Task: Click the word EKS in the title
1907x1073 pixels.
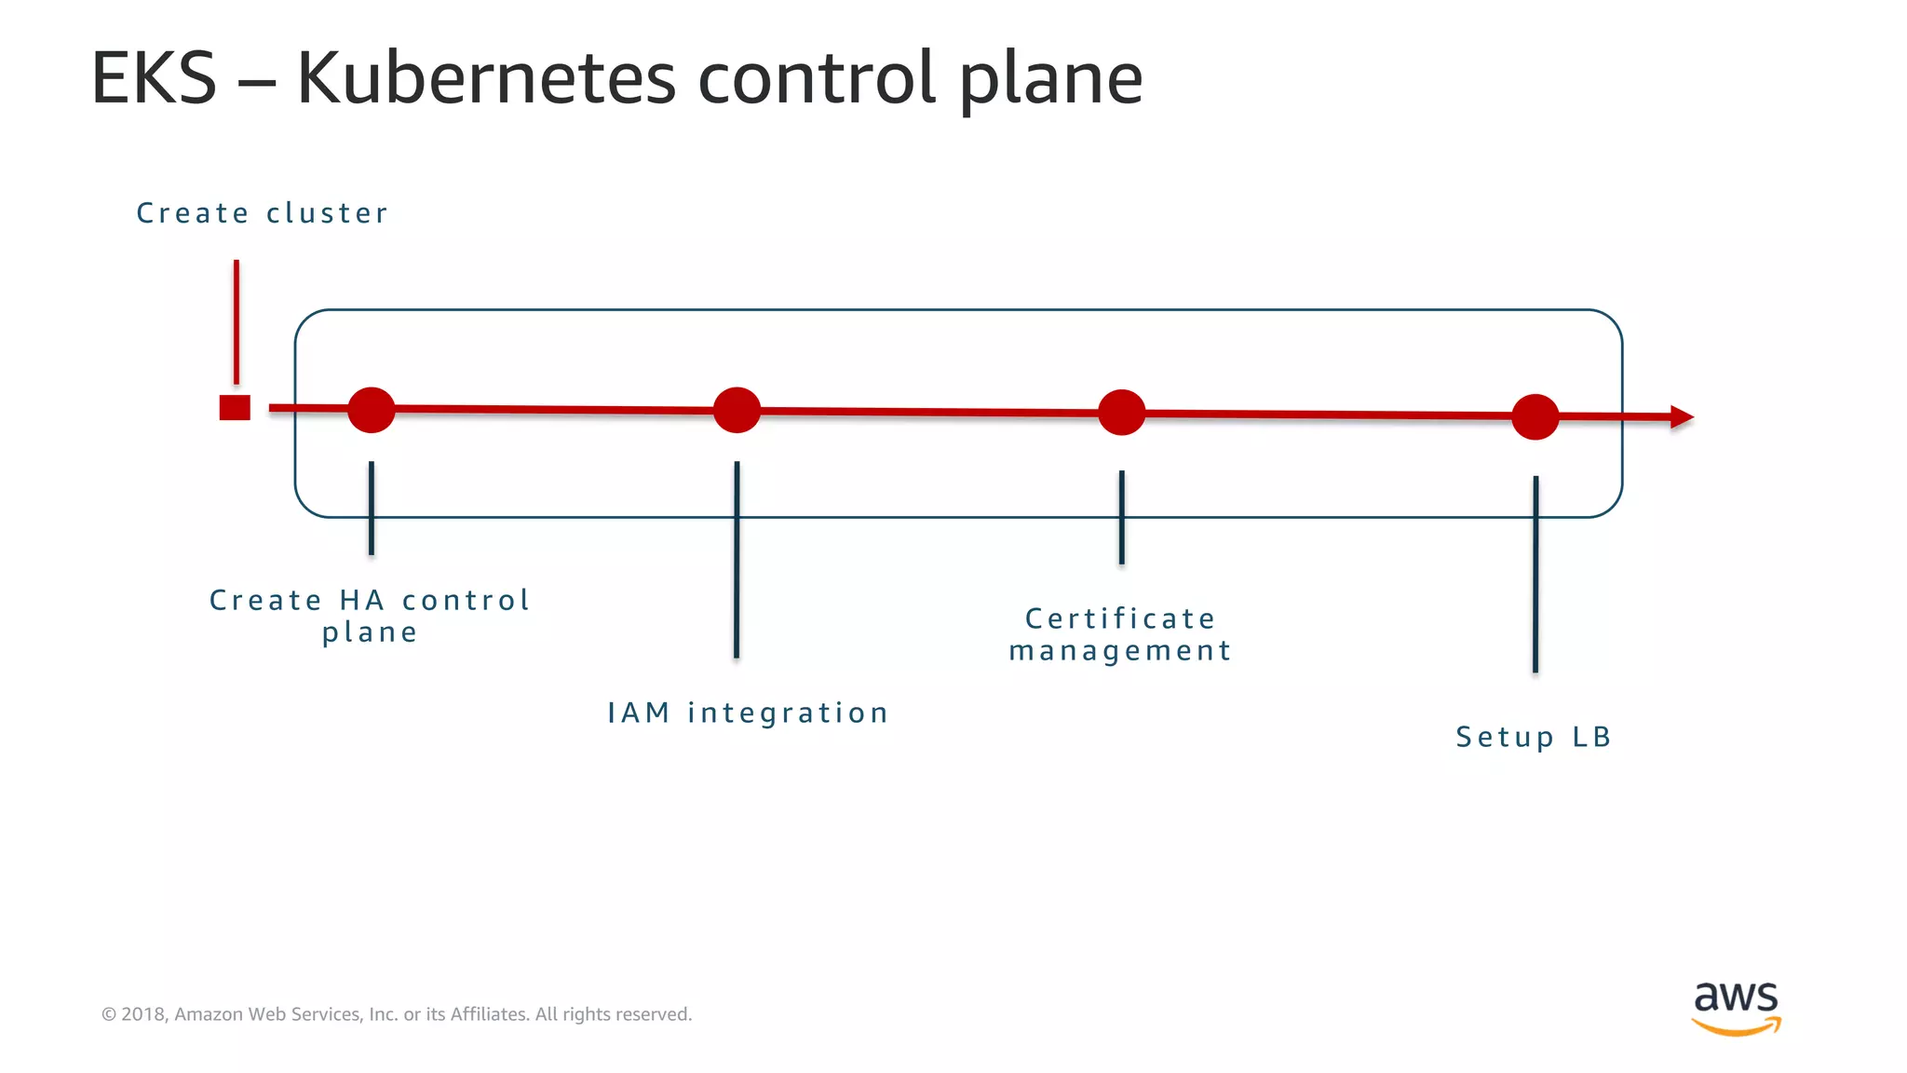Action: pyautogui.click(x=154, y=79)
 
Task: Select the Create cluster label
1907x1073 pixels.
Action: pyautogui.click(x=262, y=213)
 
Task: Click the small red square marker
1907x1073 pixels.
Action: pyautogui.click(x=235, y=408)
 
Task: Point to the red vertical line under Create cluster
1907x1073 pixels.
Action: pyautogui.click(x=237, y=321)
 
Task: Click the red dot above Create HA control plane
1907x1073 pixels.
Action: pyautogui.click(x=372, y=410)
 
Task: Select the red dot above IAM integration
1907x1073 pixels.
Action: pyautogui.click(x=737, y=411)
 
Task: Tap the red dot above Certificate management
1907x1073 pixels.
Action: pyautogui.click(x=1121, y=413)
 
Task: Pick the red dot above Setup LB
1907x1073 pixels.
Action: pyautogui.click(x=1535, y=416)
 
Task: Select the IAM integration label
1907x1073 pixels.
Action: pyautogui.click(x=748, y=713)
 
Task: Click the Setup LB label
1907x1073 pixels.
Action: pyautogui.click(x=1534, y=737)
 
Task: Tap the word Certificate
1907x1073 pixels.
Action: pyautogui.click(x=1120, y=618)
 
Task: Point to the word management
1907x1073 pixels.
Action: pyautogui.click(x=1120, y=651)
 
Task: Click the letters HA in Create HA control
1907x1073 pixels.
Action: pyautogui.click(x=361, y=601)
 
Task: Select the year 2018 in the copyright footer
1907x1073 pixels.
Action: pyautogui.click(x=142, y=1014)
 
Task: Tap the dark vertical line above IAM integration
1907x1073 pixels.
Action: pyautogui.click(x=737, y=559)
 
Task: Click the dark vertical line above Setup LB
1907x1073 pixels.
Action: pyautogui.click(x=1535, y=574)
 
